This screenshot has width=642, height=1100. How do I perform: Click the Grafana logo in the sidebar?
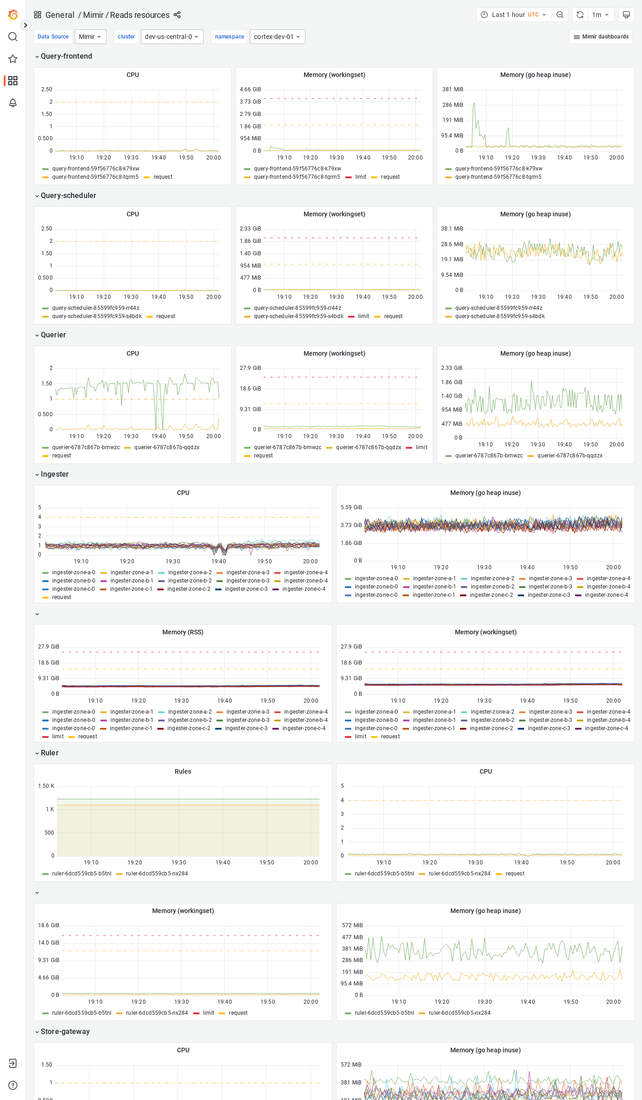click(13, 15)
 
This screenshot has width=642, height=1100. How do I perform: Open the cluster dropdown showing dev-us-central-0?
click(172, 37)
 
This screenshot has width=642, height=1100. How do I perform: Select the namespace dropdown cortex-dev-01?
click(277, 37)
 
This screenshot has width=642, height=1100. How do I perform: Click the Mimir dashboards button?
click(601, 37)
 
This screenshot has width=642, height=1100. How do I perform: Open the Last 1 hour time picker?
click(514, 15)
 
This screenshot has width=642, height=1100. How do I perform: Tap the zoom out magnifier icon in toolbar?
click(560, 15)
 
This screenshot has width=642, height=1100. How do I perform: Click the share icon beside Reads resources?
click(177, 15)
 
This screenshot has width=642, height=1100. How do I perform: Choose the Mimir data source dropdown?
click(90, 37)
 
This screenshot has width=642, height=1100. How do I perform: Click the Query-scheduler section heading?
click(68, 196)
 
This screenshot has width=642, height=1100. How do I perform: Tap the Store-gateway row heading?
click(65, 1032)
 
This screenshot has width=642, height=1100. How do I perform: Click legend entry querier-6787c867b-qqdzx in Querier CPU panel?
click(166, 447)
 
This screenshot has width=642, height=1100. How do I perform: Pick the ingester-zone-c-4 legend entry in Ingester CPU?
click(304, 589)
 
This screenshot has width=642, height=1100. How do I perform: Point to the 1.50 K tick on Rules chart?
click(46, 786)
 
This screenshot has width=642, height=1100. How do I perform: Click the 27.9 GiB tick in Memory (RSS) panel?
click(49, 647)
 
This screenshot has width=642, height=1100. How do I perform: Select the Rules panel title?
click(183, 771)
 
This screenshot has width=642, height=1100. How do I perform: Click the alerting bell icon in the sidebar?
click(13, 103)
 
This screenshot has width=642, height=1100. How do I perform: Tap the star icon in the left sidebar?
click(13, 59)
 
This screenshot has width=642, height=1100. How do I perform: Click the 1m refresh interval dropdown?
click(600, 15)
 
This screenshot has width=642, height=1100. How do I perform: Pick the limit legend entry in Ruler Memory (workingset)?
click(208, 1013)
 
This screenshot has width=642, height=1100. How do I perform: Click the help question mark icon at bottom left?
click(13, 1085)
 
